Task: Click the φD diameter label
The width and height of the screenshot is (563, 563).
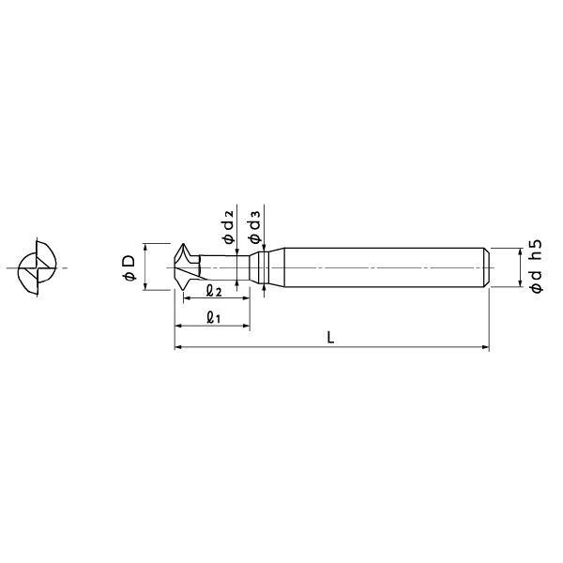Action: point(129,267)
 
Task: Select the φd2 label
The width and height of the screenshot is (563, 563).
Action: point(229,226)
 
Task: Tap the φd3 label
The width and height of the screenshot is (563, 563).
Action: point(254,226)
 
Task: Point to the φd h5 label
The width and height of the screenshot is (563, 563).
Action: point(536,266)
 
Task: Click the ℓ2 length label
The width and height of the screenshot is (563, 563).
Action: point(214,291)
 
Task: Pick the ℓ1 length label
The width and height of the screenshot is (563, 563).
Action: point(213,318)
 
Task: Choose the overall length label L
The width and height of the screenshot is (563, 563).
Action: point(330,338)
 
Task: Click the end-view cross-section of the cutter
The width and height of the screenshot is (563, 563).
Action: point(37,267)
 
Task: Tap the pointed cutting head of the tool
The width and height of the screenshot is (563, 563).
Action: point(187,266)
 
